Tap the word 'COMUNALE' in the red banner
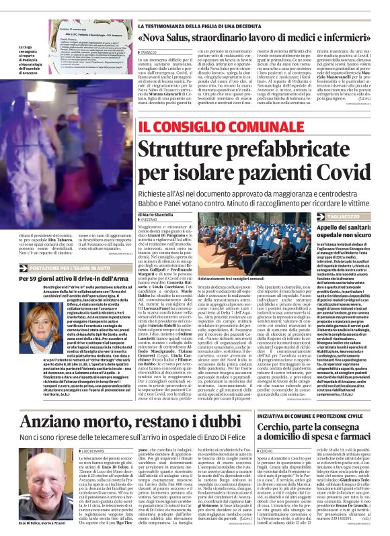pos(256,126)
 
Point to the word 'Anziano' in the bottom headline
pos(52,422)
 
